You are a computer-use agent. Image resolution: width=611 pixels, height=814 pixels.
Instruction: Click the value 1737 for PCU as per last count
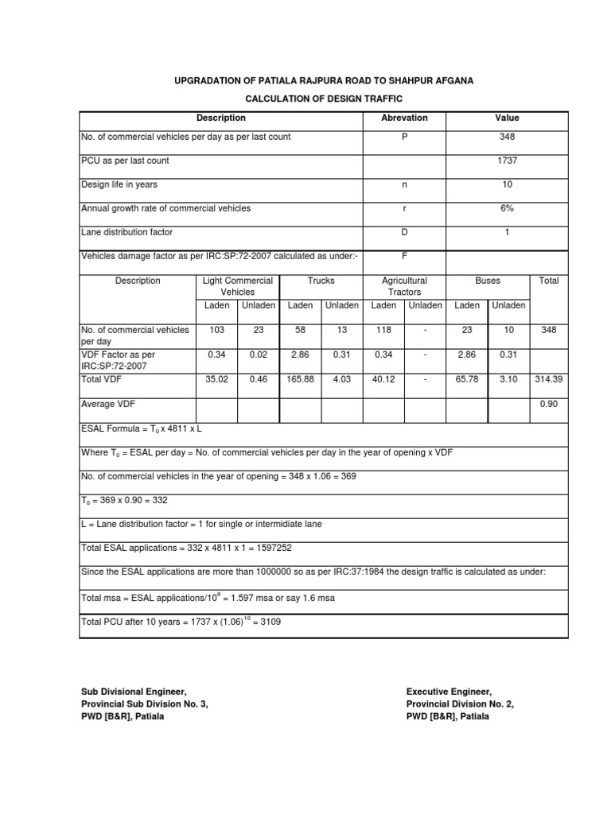[x=507, y=161]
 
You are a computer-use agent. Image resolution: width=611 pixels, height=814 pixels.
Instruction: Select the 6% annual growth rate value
[x=507, y=208]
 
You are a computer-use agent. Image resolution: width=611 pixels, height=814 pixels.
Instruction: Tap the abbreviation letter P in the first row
[x=404, y=137]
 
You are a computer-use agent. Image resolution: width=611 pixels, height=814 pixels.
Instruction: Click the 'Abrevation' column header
[x=404, y=118]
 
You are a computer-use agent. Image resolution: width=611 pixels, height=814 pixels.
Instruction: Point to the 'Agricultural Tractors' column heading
[x=404, y=286]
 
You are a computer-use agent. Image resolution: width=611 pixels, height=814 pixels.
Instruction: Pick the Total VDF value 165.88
[x=300, y=380]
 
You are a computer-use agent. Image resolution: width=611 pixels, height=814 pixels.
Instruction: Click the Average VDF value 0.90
[x=549, y=404]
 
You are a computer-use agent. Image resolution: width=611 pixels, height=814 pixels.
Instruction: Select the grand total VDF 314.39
[x=549, y=380]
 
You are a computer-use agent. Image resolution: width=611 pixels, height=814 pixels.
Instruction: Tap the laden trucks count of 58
[x=300, y=329]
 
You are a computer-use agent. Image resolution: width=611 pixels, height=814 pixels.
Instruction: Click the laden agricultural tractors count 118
[x=383, y=329]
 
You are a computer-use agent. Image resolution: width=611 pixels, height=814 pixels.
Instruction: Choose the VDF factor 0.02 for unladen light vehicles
[x=259, y=355]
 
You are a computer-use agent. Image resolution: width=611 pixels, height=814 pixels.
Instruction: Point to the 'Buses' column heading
[x=488, y=281]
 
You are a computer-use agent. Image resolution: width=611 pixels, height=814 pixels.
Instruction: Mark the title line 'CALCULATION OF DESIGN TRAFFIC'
[x=323, y=99]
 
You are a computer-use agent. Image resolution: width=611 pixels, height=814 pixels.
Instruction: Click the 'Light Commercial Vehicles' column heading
[x=237, y=286]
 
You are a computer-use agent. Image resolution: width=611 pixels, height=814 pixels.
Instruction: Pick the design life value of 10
[x=507, y=184]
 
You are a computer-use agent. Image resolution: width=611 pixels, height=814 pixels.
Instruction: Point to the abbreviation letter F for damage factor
[x=404, y=256]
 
